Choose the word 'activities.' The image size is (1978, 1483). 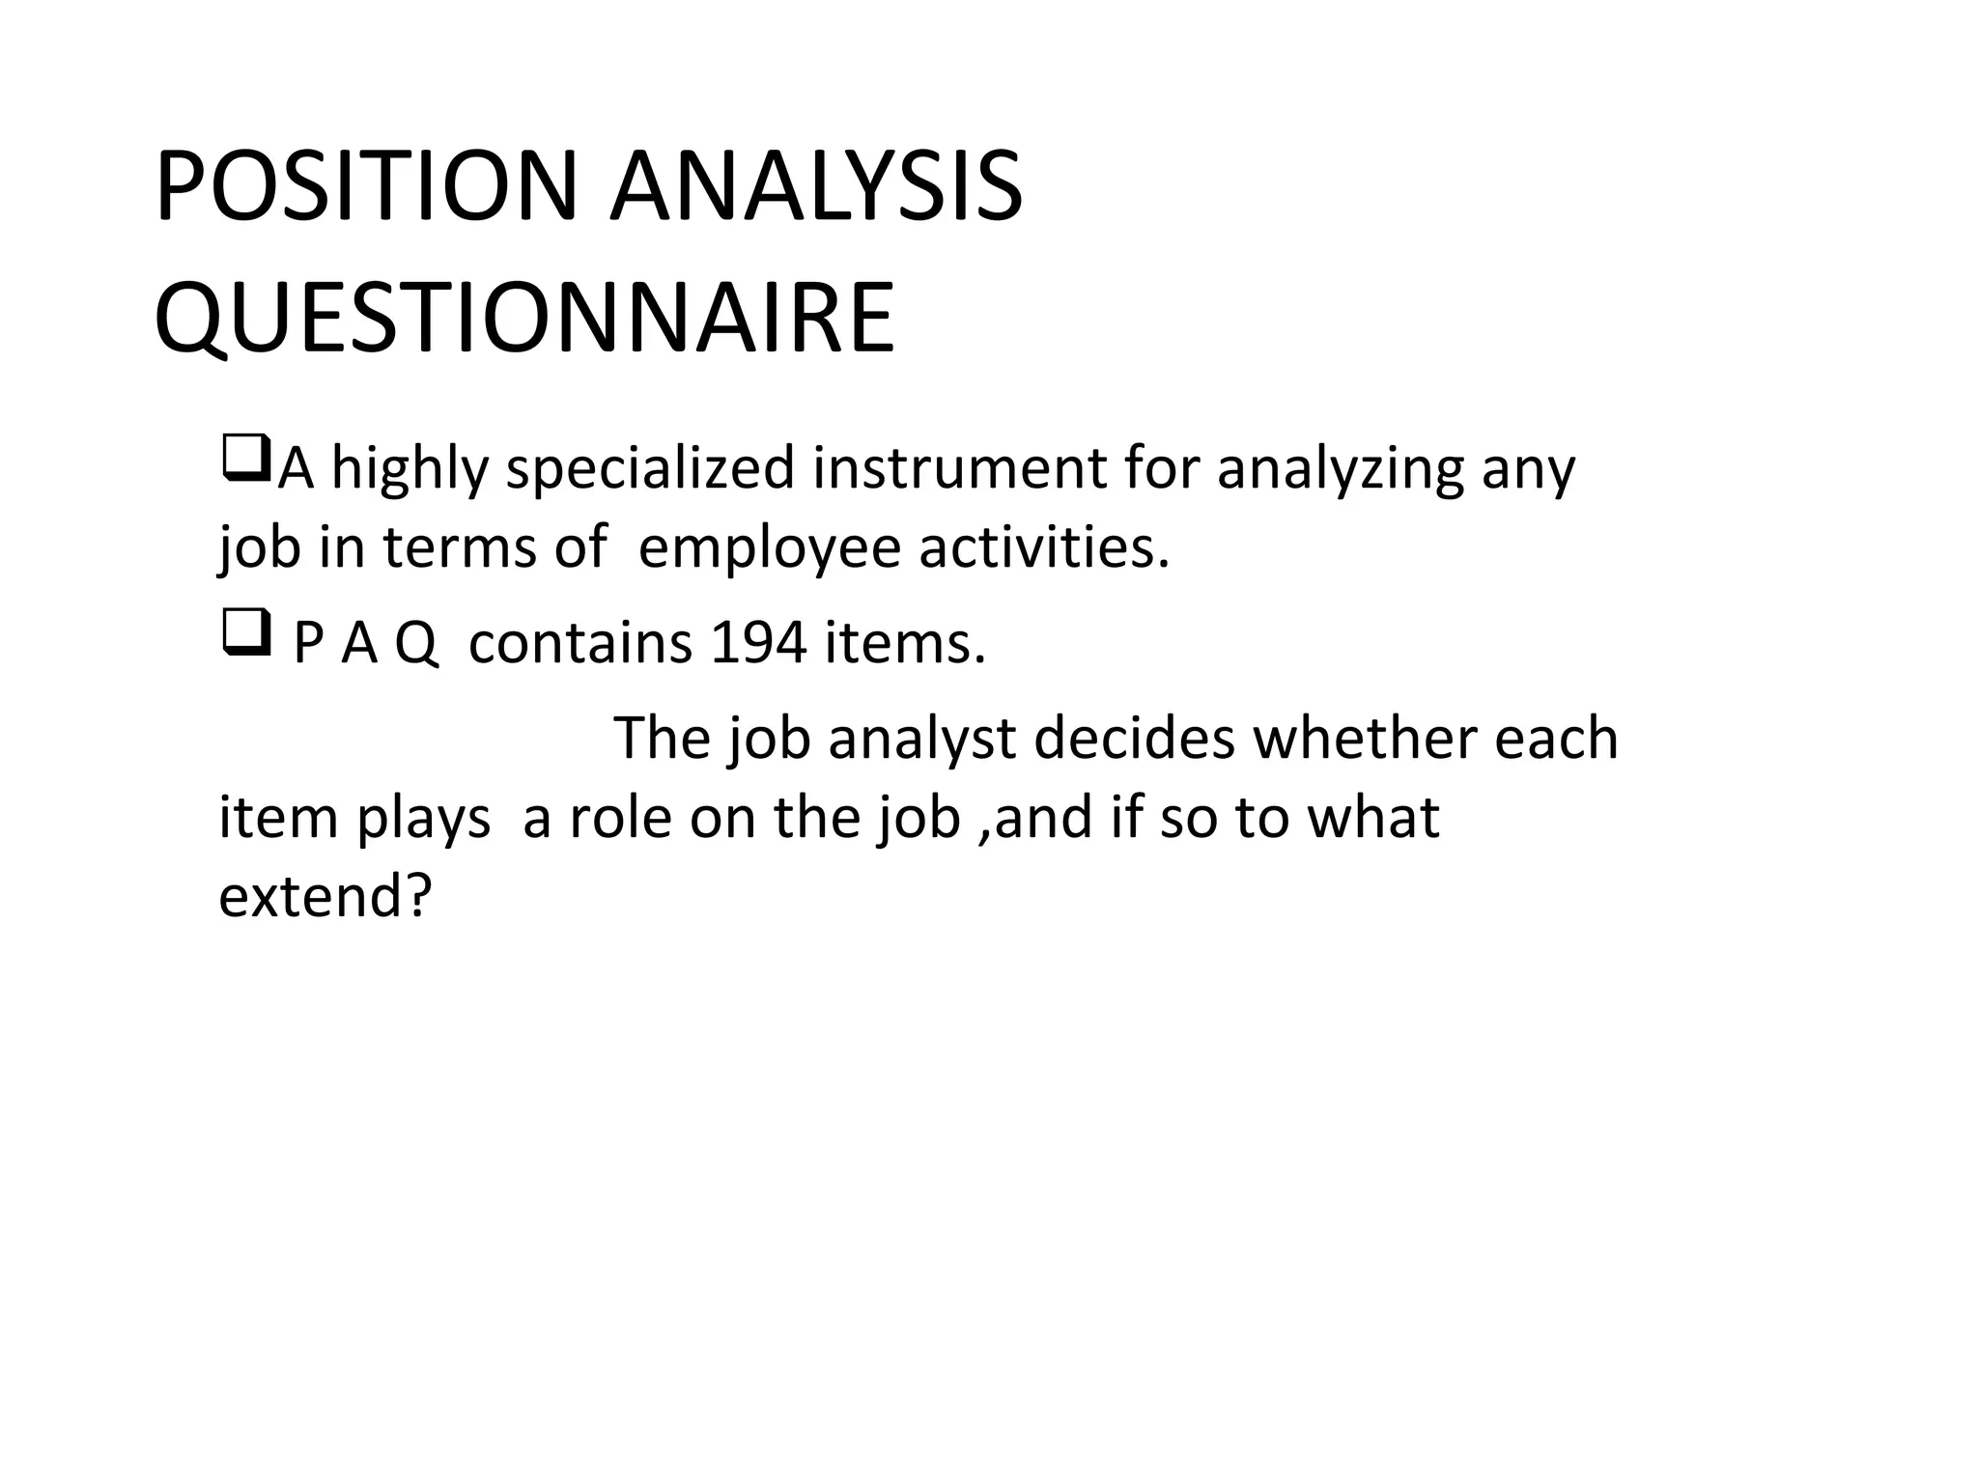click(1044, 548)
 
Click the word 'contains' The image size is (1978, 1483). click(579, 643)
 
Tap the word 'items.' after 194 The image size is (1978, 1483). click(905, 643)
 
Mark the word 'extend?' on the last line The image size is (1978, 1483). click(324, 896)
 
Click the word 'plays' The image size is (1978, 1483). click(423, 820)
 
